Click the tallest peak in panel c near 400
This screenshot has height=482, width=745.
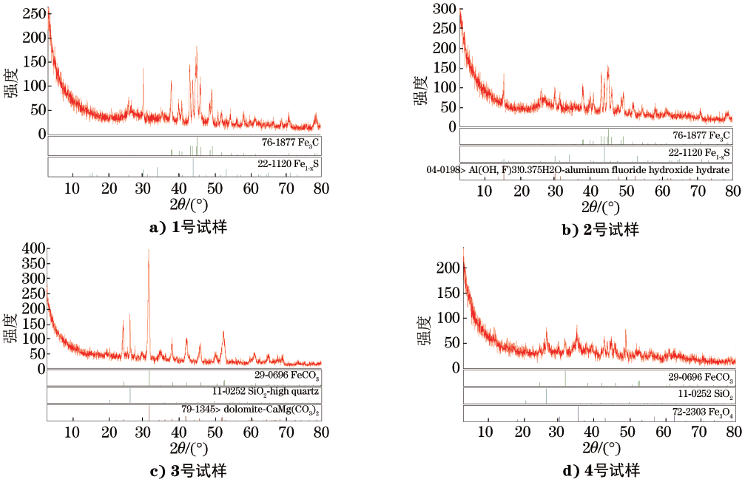(149, 251)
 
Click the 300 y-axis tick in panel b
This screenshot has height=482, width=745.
(442, 9)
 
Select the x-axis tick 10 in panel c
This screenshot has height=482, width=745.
(73, 433)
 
